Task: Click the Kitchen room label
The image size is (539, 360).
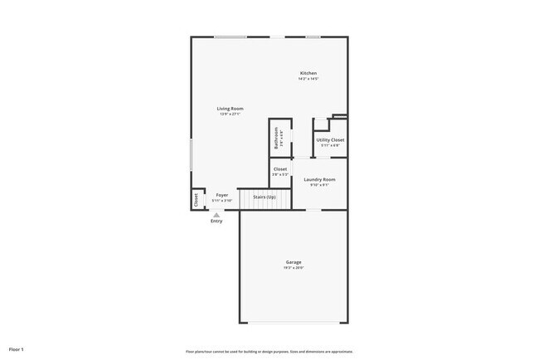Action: coord(308,73)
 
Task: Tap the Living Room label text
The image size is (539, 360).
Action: coord(230,109)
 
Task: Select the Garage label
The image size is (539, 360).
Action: coord(294,262)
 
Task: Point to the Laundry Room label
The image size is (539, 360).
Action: coord(319,179)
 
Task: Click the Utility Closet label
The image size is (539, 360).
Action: coord(330,140)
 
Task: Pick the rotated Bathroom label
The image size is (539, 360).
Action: coord(276,138)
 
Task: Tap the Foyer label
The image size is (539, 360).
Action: coord(222,195)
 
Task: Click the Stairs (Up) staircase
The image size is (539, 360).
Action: coord(265,197)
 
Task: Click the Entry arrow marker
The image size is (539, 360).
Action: coord(216,214)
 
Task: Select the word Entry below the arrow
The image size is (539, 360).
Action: coord(216,221)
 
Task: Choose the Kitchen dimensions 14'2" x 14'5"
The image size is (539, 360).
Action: coord(308,79)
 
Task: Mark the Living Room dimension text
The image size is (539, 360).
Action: coord(230,114)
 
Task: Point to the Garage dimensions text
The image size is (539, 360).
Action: coord(294,268)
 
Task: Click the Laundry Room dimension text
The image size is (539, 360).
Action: coord(319,185)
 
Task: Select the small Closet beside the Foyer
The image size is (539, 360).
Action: coord(197,199)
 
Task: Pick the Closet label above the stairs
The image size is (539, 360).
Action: coord(280,169)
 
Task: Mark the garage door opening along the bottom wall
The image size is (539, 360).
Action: coord(294,323)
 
